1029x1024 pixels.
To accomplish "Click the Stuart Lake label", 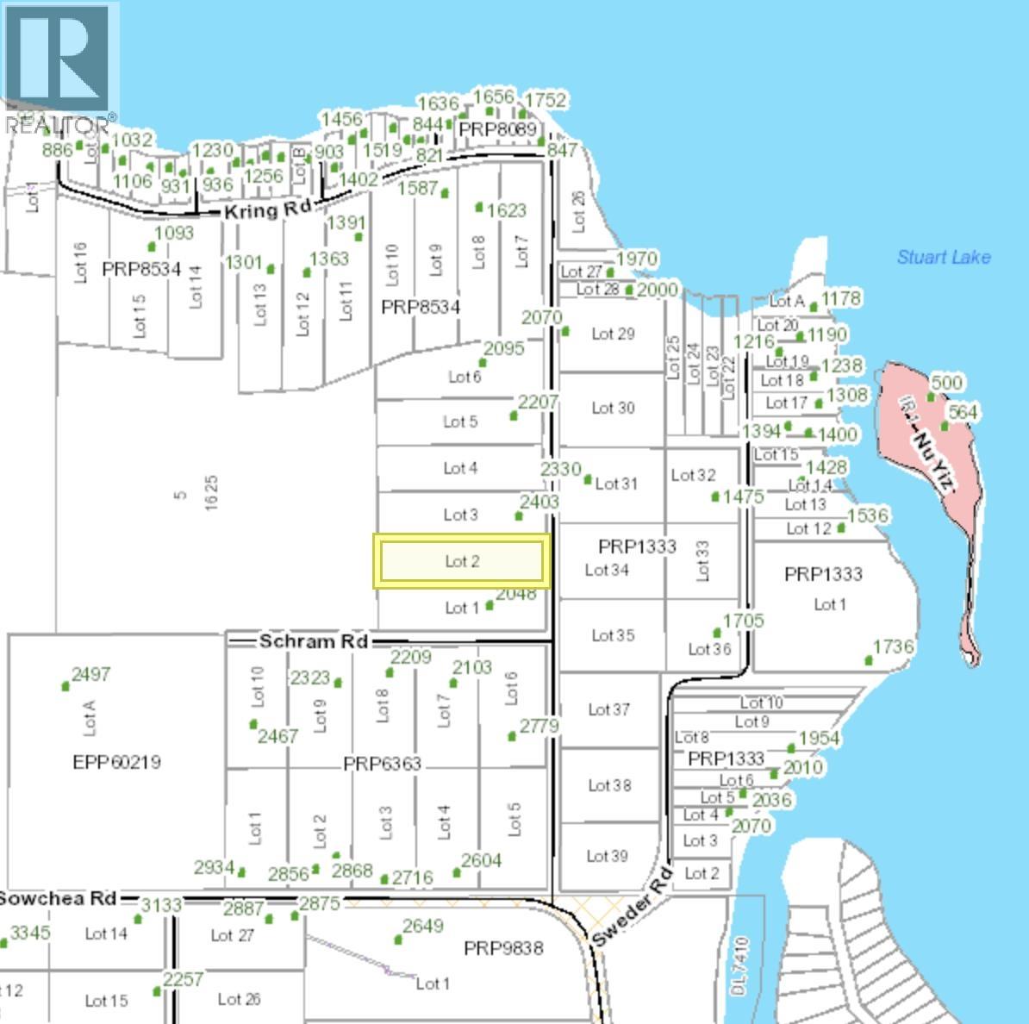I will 943,257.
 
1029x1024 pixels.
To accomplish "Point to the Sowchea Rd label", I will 57,898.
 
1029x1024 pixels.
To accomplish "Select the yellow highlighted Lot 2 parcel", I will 461,561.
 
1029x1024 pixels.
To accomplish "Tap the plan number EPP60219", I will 116,762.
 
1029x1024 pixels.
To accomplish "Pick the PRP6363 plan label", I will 382,764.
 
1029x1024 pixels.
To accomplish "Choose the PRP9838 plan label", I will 503,948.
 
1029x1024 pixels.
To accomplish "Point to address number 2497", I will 90,674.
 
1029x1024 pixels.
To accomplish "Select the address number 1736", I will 894,646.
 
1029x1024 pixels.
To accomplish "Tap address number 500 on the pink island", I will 946,383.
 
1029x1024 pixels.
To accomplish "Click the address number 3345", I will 30,933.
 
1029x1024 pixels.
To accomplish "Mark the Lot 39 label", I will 608,856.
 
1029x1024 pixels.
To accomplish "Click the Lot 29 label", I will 613,334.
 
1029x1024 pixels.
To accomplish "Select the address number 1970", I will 637,259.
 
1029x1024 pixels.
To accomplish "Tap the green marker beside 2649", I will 398,939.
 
